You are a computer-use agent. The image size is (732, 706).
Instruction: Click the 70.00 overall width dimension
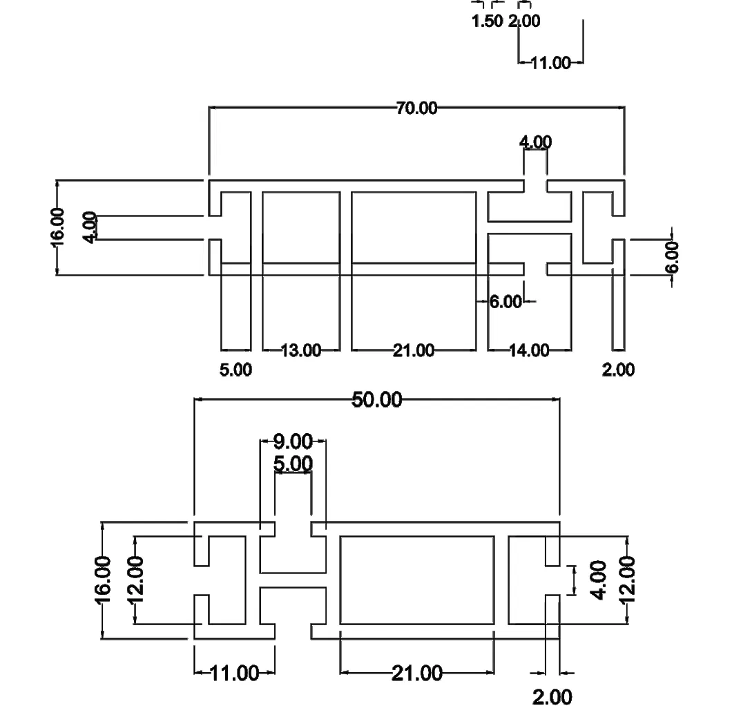[x=416, y=108]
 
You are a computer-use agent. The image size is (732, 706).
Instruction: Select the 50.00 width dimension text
[x=376, y=399]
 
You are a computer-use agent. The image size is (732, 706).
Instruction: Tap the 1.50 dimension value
[x=487, y=21]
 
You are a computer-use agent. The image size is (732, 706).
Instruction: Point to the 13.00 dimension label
[x=301, y=351]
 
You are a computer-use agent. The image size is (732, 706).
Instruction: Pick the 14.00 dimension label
[x=529, y=351]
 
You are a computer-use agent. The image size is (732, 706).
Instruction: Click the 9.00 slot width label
[x=293, y=441]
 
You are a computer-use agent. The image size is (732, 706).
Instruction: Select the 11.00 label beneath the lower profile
[x=234, y=672]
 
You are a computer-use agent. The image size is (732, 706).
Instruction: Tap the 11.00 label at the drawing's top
[x=550, y=64]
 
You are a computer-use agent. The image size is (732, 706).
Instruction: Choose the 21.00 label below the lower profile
[x=417, y=672]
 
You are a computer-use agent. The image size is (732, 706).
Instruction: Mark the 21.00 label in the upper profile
[x=414, y=351]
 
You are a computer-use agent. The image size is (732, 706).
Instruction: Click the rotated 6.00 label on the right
[x=673, y=257]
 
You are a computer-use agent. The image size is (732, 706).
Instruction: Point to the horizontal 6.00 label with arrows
[x=505, y=302]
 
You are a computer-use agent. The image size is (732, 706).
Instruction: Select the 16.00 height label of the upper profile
[x=57, y=227]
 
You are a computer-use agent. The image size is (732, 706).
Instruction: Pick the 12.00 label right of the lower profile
[x=628, y=580]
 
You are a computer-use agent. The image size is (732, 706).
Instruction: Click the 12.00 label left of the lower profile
[x=135, y=580]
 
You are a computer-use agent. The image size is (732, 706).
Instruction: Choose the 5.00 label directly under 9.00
[x=293, y=464]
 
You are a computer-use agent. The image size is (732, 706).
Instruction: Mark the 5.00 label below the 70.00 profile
[x=235, y=370]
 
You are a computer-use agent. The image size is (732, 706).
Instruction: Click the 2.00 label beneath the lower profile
[x=552, y=696]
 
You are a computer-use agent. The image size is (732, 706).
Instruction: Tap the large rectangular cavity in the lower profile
[x=417, y=580]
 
